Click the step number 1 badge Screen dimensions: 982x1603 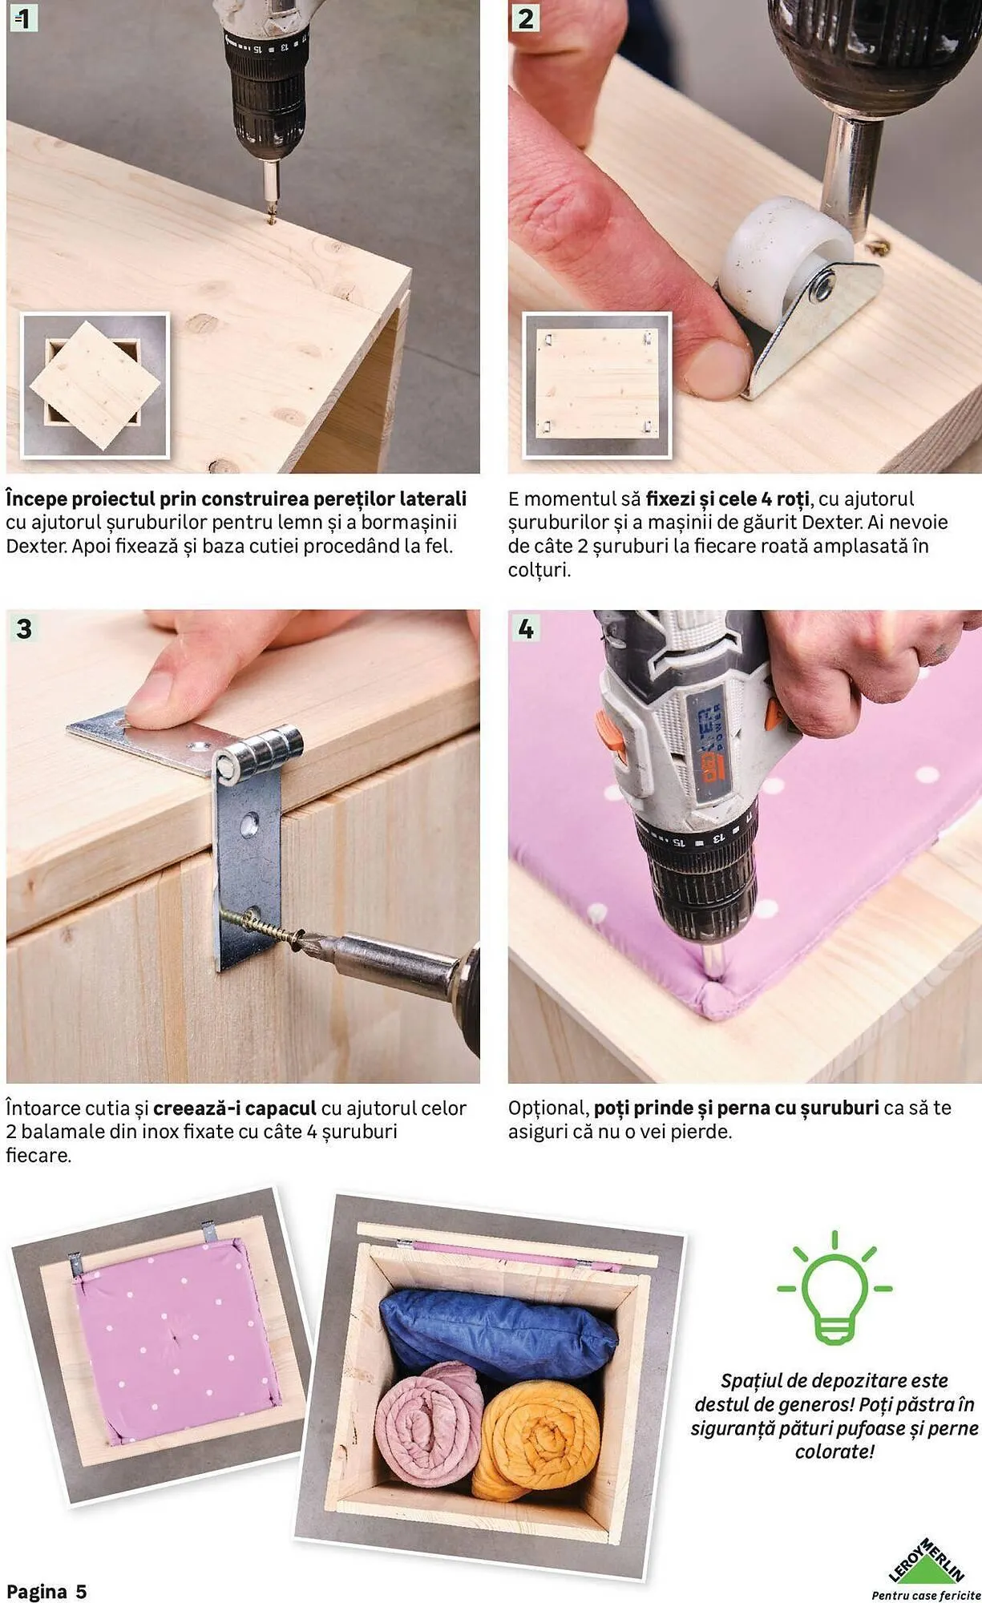(22, 18)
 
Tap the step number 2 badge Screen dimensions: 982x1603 (525, 18)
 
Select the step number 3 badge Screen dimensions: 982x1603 (23, 628)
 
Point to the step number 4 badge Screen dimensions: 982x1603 (525, 628)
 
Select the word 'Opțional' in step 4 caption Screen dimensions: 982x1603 (548, 1109)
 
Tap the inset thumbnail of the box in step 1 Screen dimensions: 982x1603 (95, 386)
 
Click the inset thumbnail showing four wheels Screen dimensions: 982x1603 (596, 386)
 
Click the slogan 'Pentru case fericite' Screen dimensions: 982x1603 (926, 1595)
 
